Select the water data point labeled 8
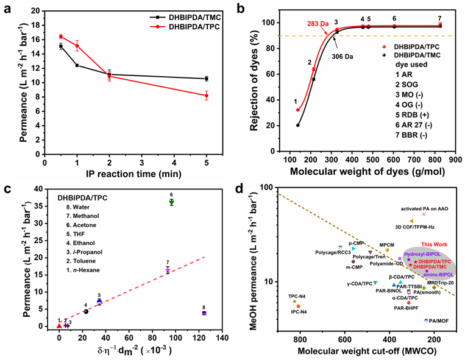[204, 313]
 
